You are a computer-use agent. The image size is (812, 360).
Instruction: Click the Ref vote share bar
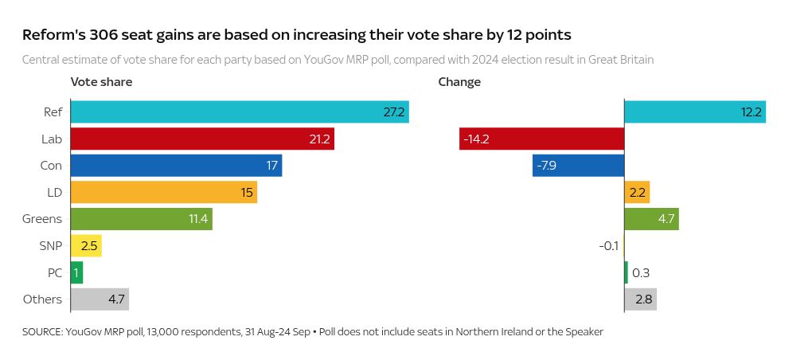[x=239, y=112]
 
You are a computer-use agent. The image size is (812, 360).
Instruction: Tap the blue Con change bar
[x=578, y=166]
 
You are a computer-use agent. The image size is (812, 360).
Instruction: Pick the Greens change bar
[x=651, y=219]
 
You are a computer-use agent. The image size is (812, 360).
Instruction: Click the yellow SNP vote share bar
[x=86, y=246]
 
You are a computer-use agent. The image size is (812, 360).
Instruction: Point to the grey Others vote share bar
[x=100, y=299]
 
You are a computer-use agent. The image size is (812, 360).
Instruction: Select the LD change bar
[x=637, y=193]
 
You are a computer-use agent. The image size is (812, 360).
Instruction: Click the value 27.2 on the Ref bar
[x=394, y=112]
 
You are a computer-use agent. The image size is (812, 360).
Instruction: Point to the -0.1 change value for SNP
[x=608, y=246]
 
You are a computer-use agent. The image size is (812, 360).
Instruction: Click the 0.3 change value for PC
[x=640, y=273]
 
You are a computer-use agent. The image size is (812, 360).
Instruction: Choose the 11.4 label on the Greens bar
[x=198, y=219]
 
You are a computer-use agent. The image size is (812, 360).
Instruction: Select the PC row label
[x=54, y=273]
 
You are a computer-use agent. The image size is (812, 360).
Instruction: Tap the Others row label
[x=43, y=299]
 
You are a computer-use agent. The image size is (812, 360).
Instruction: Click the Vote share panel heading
[x=101, y=82]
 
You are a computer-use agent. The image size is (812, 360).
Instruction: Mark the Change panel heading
[x=459, y=82]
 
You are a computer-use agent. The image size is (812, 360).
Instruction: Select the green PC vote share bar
[x=76, y=273]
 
